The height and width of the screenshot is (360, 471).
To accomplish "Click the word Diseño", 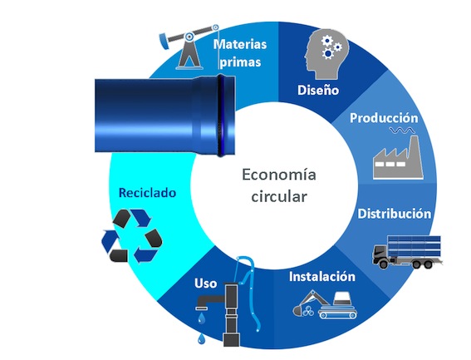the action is (318, 90).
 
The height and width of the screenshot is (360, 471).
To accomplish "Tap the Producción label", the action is (384, 118).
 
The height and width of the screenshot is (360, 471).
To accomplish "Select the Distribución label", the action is (394, 214).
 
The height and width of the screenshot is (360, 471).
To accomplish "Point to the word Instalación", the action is (322, 276).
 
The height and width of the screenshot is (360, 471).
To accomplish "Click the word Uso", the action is (205, 284).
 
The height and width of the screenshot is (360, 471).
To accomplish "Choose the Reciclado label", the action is (147, 193).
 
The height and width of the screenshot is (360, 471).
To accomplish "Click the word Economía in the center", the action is (279, 175).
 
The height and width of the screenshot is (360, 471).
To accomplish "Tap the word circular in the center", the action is (279, 197).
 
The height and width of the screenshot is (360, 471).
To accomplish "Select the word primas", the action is (240, 62).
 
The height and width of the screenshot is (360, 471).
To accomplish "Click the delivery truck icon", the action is (407, 252).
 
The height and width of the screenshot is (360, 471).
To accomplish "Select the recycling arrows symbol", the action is (131, 236).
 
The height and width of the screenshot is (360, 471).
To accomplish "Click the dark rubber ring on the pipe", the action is (221, 116).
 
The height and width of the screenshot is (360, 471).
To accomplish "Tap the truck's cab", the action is (380, 255).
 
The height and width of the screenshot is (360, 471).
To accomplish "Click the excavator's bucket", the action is (298, 311).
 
